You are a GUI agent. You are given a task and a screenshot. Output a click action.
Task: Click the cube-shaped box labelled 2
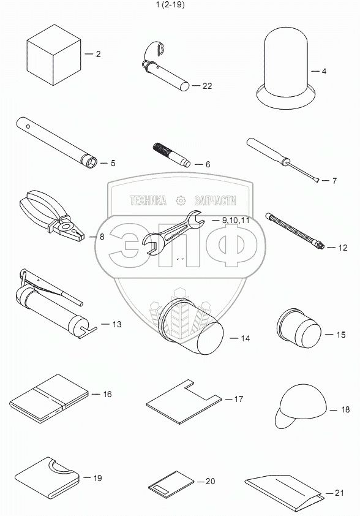click(54, 55)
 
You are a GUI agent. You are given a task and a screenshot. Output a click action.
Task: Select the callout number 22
click(207, 86)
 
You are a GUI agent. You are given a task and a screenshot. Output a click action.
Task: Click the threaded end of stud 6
click(161, 149)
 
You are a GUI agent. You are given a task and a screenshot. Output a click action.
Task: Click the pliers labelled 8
click(51, 215)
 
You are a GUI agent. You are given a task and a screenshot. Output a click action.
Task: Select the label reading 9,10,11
click(236, 221)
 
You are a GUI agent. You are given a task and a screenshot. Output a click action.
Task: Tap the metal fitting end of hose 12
click(320, 245)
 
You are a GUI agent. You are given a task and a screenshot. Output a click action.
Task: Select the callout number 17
click(238, 399)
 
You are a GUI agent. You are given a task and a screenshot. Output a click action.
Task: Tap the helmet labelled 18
click(301, 406)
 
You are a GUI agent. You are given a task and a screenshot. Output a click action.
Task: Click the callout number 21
click(339, 493)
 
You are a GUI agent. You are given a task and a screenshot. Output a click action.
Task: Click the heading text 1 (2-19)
click(170, 6)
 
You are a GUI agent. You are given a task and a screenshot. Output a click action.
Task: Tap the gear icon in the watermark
click(181, 200)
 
